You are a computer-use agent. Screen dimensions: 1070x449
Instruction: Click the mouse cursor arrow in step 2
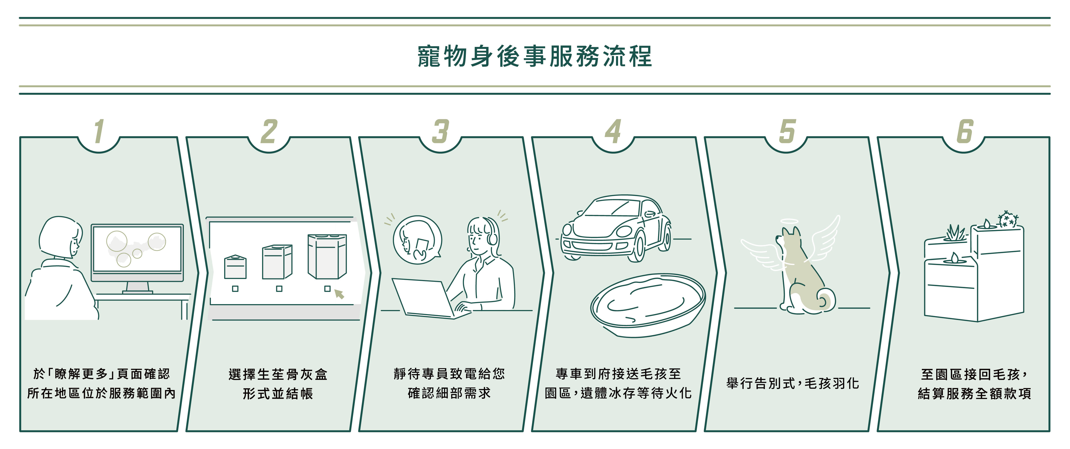point(339,294)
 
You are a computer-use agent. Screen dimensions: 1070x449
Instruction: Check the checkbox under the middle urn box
point(279,288)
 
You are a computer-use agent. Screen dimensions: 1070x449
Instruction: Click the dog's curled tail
point(825,300)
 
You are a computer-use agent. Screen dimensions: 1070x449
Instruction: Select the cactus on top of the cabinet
point(1008,219)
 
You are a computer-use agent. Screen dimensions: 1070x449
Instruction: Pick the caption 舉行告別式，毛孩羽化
point(792,383)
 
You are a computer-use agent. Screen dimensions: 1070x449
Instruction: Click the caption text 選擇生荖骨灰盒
point(278,374)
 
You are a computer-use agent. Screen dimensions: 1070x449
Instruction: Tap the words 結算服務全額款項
point(974,393)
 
